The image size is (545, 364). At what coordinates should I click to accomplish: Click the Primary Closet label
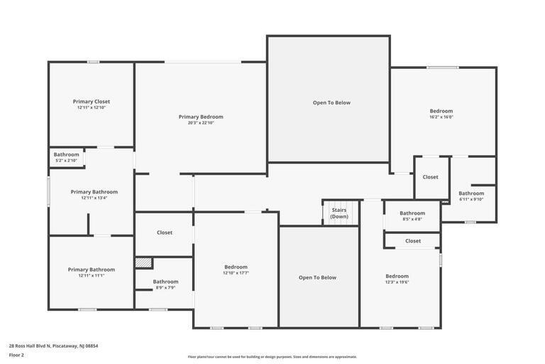tap(92, 102)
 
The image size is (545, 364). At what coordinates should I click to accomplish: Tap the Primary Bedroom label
tap(201, 117)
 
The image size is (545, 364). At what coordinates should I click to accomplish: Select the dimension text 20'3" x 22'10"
tap(201, 122)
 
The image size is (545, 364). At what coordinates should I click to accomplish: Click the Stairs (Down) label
tap(339, 213)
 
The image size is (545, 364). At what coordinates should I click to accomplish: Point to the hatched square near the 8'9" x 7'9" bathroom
tap(143, 262)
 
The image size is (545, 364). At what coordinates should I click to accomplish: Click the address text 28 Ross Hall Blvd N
tap(30, 346)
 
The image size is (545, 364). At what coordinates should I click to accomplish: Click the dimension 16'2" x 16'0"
tap(441, 117)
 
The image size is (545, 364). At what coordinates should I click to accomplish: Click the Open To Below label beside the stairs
tap(318, 277)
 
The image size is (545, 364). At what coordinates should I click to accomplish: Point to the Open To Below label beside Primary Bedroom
tap(331, 103)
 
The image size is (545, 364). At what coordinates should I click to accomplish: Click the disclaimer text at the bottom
tap(272, 357)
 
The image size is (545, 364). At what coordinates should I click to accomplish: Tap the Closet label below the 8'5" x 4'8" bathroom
tap(413, 241)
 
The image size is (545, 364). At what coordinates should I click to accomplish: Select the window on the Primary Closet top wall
tap(93, 62)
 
